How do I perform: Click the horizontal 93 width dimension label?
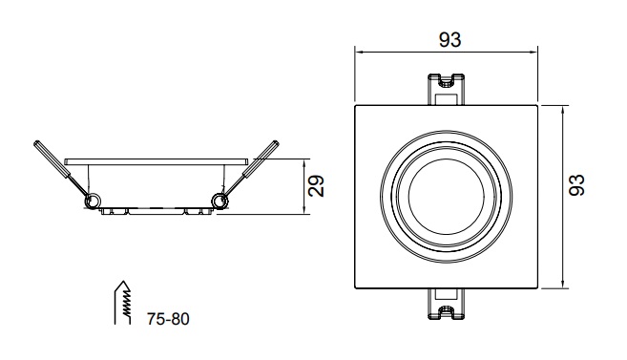click(x=449, y=39)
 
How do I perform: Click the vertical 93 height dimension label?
click(x=576, y=185)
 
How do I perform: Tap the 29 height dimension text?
click(x=316, y=185)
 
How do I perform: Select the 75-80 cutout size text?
click(x=168, y=319)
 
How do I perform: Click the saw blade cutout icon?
click(x=123, y=303)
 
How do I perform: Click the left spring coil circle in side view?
click(x=93, y=201)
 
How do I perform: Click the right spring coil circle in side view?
click(x=219, y=201)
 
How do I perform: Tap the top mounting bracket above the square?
click(x=446, y=89)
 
